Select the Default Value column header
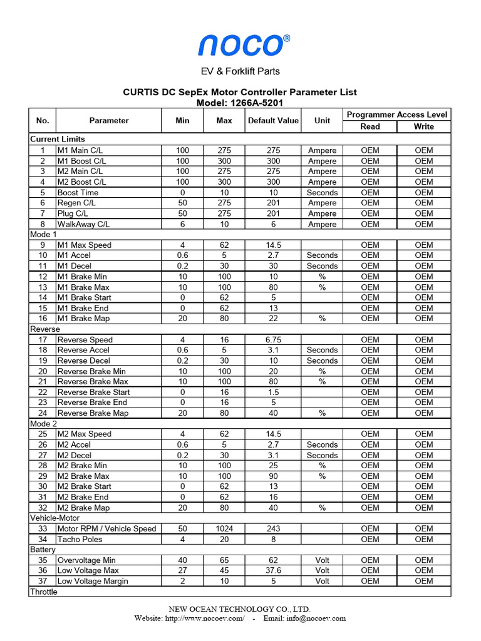[273, 120]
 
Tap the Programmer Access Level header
[396, 115]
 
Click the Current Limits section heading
[58, 139]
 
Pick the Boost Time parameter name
[78, 192]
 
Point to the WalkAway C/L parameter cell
[83, 224]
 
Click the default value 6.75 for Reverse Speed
[273, 340]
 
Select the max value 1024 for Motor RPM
[224, 529]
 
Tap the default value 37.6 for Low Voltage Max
[273, 571]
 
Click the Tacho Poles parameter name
[80, 539]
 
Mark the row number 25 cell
[43, 434]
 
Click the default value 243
[273, 529]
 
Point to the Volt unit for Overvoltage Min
[322, 560]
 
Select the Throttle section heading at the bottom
[44, 592]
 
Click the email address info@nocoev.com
[313, 618]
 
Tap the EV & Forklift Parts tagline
[240, 71]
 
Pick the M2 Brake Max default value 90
[273, 476]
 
